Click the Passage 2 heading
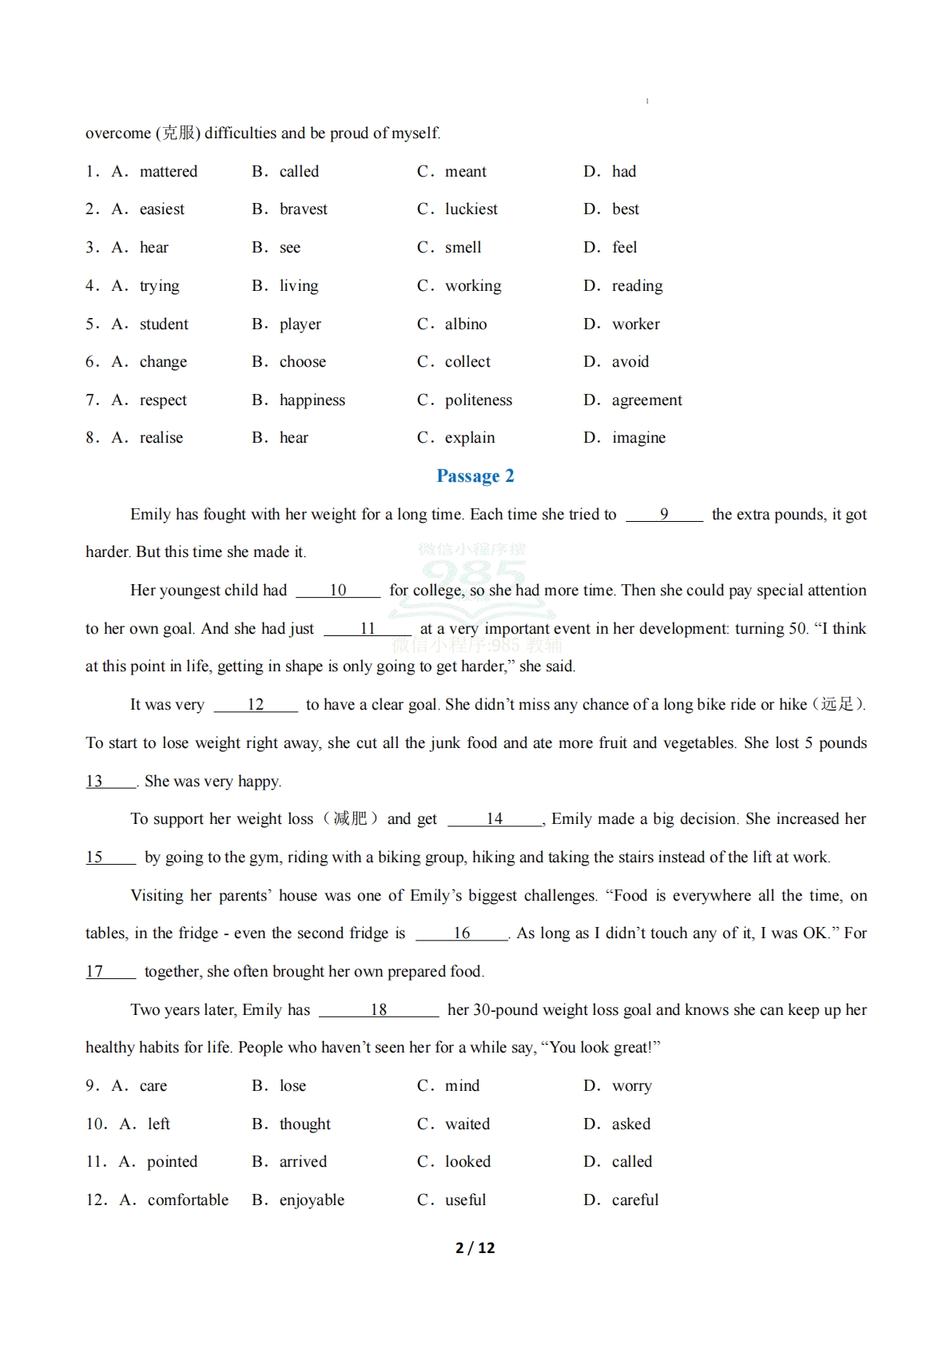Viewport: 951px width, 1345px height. [475, 476]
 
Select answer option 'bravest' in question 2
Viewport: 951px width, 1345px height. [303, 209]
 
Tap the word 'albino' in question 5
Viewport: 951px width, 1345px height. [465, 324]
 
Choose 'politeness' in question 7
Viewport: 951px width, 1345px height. [478, 400]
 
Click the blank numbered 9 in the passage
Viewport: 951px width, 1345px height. [664, 515]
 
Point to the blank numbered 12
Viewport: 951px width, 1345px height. [256, 705]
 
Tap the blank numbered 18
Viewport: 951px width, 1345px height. [379, 1010]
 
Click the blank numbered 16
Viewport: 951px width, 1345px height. [462, 933]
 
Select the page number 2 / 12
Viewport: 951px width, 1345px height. [475, 1248]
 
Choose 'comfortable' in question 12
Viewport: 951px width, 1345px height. [188, 1200]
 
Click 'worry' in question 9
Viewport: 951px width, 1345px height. [631, 1086]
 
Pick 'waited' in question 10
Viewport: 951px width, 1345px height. [467, 1124]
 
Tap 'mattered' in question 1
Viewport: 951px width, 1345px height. [168, 172]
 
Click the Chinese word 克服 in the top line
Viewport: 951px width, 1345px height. [179, 133]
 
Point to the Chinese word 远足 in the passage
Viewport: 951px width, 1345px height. [837, 705]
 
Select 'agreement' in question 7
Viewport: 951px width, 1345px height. [647, 400]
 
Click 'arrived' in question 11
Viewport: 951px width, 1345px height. [303, 1162]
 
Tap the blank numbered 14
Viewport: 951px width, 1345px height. [495, 819]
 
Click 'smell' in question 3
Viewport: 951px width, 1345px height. [463, 248]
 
